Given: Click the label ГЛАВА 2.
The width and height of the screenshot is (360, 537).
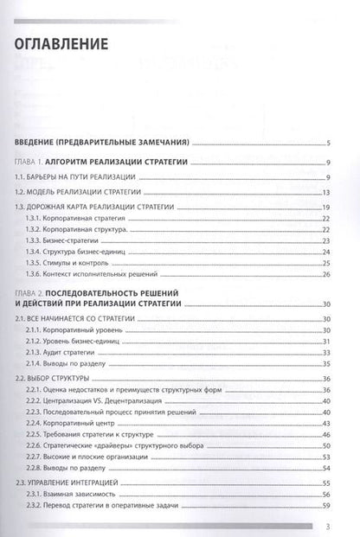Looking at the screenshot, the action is [x=33, y=293].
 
